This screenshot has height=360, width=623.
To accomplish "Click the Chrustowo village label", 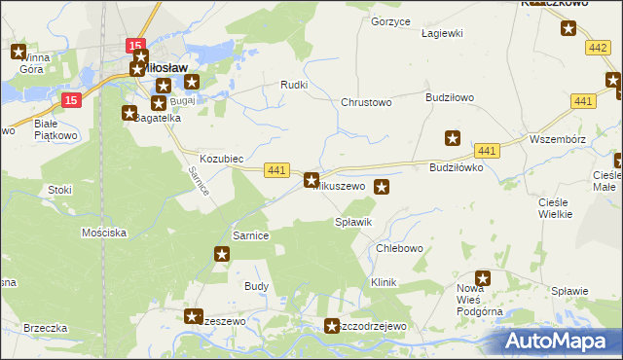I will [366, 102].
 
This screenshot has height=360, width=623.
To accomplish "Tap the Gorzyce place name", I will [391, 20].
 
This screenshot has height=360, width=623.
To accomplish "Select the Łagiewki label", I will [440, 32].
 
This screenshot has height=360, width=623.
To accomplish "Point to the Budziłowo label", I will [450, 97].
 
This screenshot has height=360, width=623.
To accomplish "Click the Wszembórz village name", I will [556, 139].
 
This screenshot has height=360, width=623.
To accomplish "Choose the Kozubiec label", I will [221, 158].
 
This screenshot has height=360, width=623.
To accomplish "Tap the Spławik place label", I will [353, 223].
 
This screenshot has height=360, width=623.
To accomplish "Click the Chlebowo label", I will [399, 248].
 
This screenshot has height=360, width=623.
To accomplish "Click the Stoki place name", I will [60, 191].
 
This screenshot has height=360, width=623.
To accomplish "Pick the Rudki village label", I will [294, 85].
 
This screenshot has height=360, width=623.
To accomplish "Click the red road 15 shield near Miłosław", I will [136, 46].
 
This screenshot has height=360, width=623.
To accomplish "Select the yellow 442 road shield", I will [599, 47].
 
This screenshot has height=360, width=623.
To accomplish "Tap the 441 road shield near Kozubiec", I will [276, 170].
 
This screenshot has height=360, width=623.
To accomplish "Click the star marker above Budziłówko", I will [452, 138].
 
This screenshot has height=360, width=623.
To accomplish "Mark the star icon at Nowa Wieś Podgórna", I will [483, 278].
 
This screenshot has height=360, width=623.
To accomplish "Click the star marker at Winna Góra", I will [18, 53].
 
